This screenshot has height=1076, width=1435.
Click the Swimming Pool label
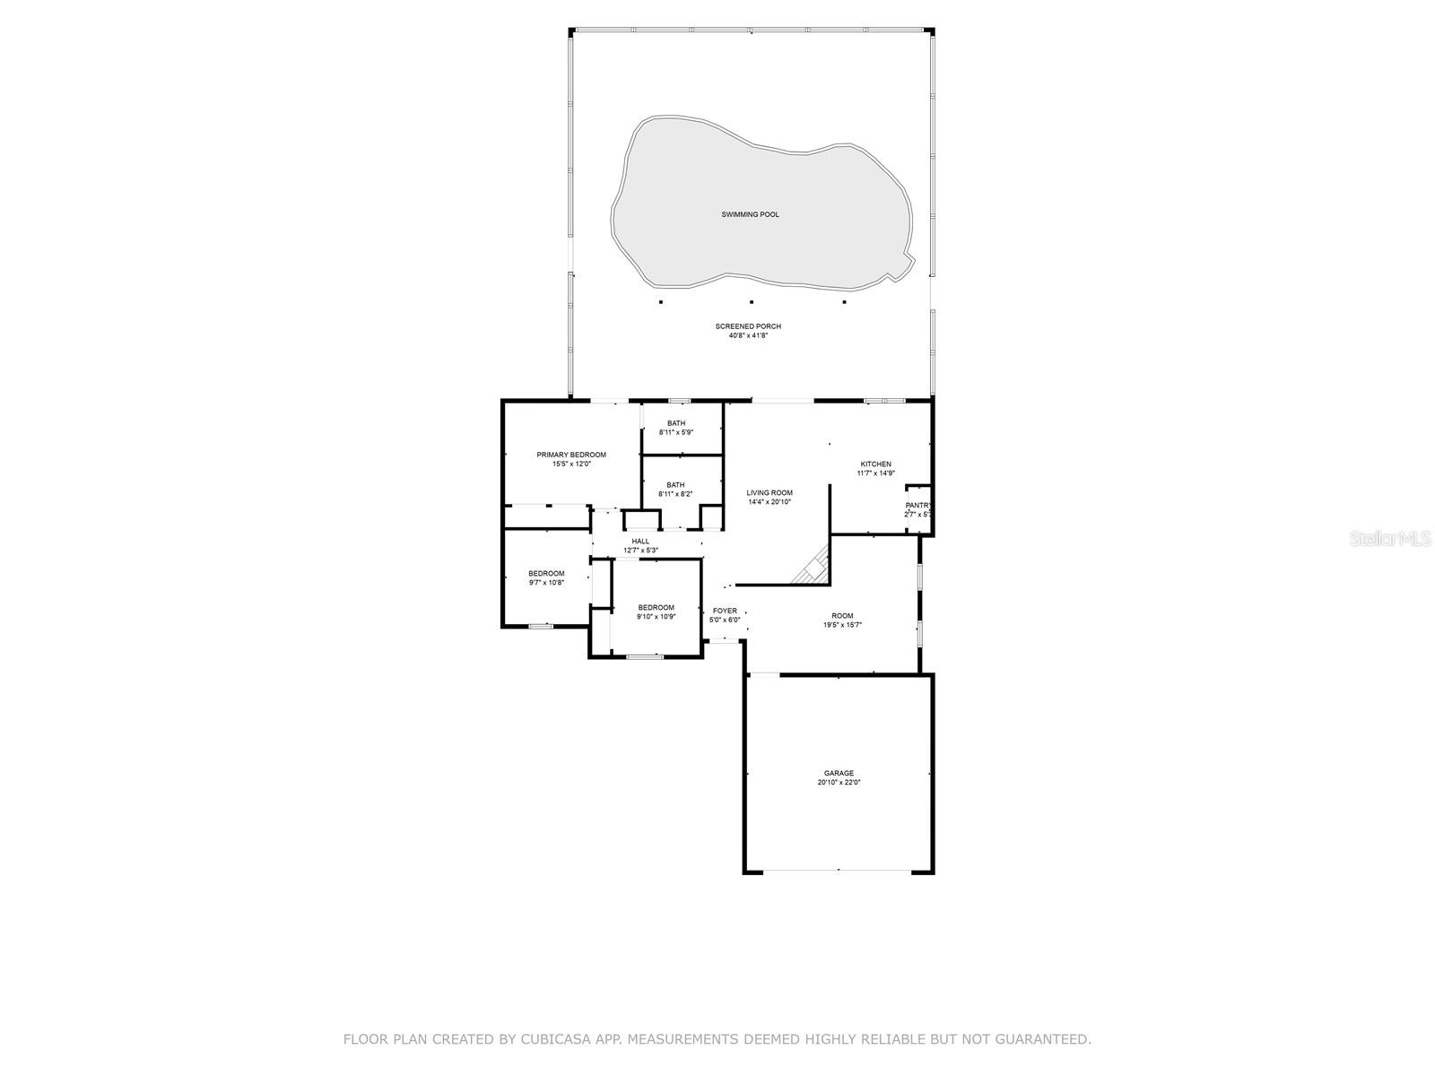(750, 214)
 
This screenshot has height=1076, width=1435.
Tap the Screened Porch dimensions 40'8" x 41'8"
(749, 335)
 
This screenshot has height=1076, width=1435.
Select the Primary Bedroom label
(570, 455)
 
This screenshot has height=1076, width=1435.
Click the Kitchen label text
(875, 464)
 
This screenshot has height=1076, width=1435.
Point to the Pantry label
(918, 505)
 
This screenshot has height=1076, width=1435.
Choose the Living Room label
(770, 492)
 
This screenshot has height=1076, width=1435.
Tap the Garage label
(839, 773)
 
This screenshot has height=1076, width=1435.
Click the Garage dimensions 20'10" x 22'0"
(839, 782)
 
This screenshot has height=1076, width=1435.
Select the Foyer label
(725, 611)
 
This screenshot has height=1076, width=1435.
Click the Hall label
(640, 541)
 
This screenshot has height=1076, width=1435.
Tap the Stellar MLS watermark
(1390, 538)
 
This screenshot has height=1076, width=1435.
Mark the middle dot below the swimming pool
(752, 302)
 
